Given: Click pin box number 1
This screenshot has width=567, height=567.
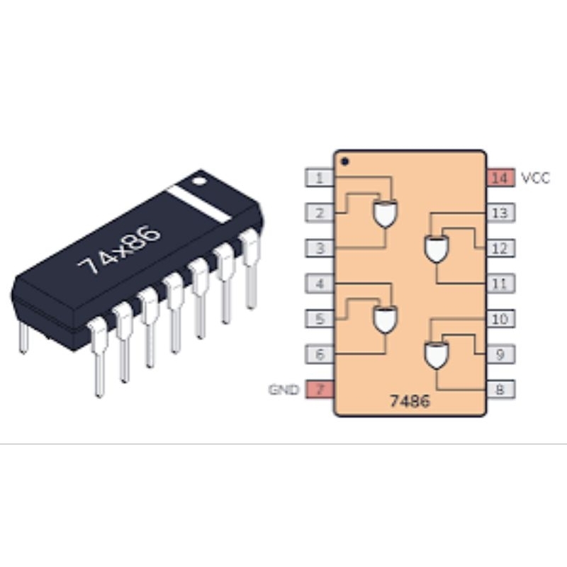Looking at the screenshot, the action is (x=320, y=178).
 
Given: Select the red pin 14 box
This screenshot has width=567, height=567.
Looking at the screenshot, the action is (x=500, y=178).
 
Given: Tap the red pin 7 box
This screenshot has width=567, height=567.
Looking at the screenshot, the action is (x=320, y=389).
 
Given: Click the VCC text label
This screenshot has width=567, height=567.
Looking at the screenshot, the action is (x=535, y=178).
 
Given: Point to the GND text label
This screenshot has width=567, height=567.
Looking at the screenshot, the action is (x=284, y=389).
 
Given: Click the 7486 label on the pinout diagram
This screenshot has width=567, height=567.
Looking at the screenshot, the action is (x=410, y=401).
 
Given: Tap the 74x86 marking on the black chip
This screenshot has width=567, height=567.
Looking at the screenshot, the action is (x=118, y=249).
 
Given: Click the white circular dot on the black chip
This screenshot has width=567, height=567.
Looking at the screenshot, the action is (x=199, y=181).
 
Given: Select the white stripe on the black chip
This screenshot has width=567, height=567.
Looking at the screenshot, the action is (x=198, y=204).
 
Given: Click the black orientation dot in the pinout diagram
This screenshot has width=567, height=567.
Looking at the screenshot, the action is (x=344, y=162).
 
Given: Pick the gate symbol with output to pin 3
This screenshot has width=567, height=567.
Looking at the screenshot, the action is (x=385, y=213).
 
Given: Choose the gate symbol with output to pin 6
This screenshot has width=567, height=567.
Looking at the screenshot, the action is (x=385, y=320).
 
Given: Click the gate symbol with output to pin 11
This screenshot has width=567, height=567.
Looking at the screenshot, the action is (x=437, y=249).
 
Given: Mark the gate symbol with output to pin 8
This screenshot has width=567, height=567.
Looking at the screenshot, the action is (x=437, y=355).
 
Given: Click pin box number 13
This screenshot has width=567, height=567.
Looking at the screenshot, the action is (x=500, y=213).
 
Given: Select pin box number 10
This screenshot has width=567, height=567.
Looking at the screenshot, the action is (x=500, y=318).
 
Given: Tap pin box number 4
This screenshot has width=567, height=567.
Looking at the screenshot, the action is (x=320, y=283).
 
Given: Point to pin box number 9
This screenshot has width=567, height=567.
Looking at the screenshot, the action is (x=500, y=354).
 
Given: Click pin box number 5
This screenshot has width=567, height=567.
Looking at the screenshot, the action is (x=320, y=318).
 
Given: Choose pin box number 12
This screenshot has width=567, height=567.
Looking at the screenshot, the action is (x=500, y=248).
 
